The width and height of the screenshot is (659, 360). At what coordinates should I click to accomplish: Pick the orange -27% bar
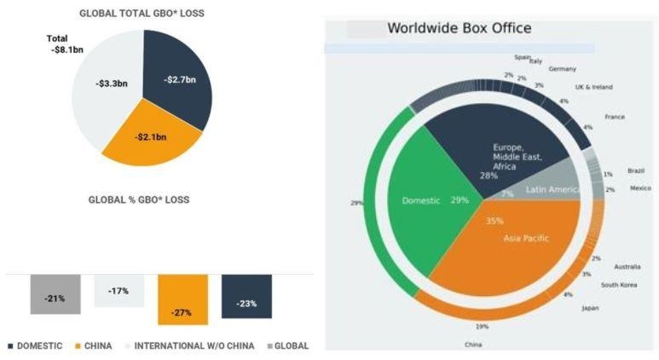coord(182,299)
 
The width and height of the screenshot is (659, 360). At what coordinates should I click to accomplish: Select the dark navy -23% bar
coord(246,297)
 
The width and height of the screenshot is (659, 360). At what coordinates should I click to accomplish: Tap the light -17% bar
coord(119,290)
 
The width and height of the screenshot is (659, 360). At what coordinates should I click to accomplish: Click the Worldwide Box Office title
coord(460,28)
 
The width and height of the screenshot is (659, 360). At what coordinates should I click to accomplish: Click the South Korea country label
coord(620,285)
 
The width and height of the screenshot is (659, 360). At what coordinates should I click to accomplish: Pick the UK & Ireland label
coord(593,87)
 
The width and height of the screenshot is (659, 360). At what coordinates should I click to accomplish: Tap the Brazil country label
coord(636,171)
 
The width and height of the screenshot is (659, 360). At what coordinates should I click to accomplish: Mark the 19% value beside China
coord(482,327)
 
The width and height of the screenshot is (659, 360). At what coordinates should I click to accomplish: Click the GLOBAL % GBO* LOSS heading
coord(139,200)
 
